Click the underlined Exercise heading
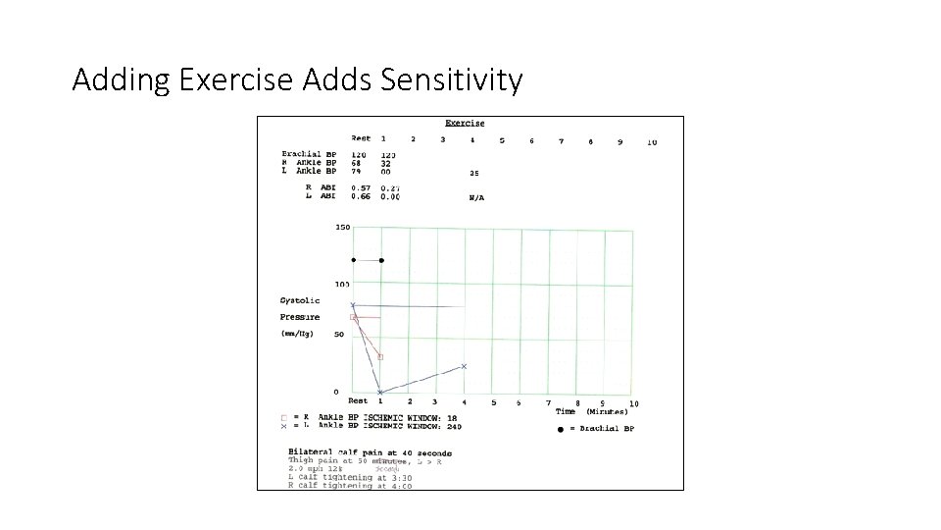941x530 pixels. tap(465, 123)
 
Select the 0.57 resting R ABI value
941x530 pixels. tap(360, 187)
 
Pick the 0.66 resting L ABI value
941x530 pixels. tap(360, 196)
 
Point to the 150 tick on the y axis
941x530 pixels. tap(342, 228)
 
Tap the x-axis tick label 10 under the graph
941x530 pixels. tap(633, 403)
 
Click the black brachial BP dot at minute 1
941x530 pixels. tap(381, 260)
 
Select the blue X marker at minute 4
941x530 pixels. tap(464, 366)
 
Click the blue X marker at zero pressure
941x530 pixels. tap(380, 393)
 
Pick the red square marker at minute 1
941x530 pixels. tap(380, 357)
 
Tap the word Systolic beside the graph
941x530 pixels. tap(300, 301)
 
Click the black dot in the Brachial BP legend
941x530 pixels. tap(561, 429)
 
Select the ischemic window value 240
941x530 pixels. tap(454, 427)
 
